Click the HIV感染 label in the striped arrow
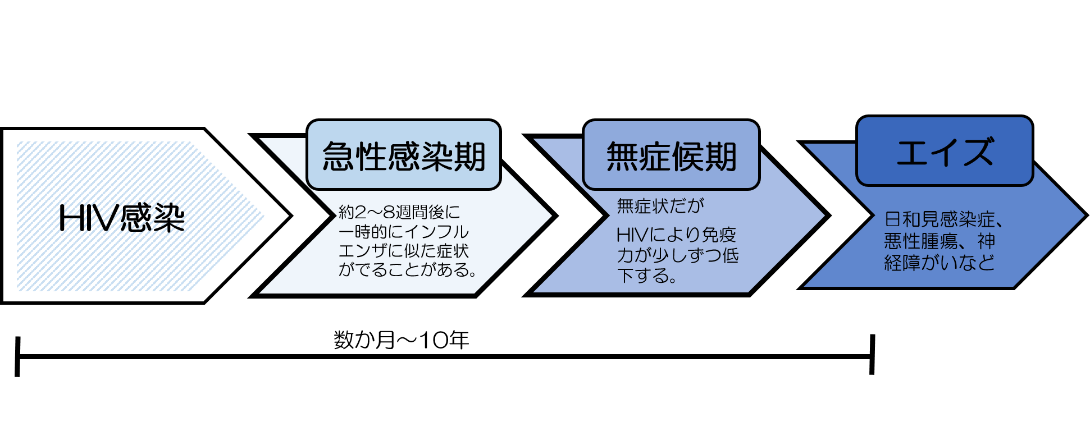pos(122,218)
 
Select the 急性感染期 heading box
pos(403,155)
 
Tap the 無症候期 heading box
pos(671,156)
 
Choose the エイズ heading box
pos(945,152)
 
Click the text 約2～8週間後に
pos(399,212)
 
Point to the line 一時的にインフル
pos(403,232)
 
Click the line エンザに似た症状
pos(403,251)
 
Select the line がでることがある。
pos(408,270)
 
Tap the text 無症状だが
pos(660,206)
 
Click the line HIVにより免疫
pos(676,235)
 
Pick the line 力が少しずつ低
pos(678,255)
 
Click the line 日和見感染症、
pos(944,219)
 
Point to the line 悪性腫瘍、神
pos(940,241)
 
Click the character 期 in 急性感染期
pos(470,156)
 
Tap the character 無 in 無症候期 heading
pos(622,156)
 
